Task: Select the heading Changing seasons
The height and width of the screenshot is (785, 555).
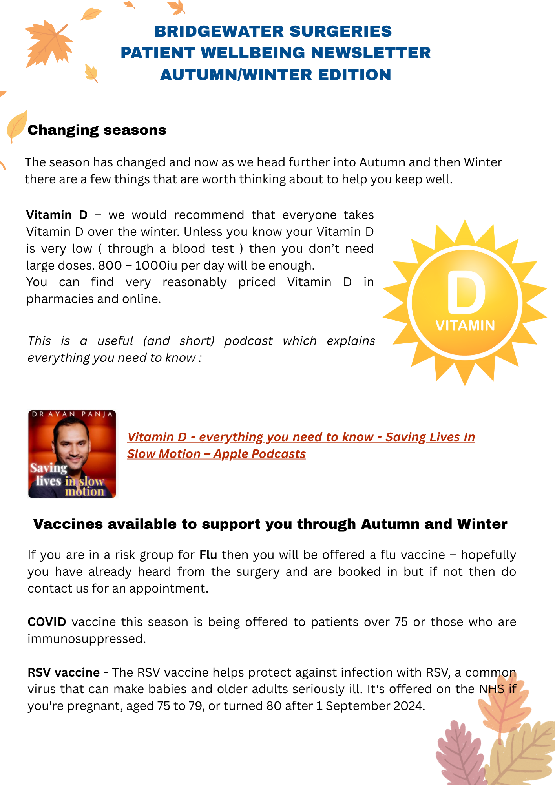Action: (97, 130)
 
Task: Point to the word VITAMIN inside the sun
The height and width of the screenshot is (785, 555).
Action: (465, 326)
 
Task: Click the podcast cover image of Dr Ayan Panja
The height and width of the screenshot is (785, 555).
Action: (72, 454)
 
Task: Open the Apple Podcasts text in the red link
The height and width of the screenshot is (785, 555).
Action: (259, 454)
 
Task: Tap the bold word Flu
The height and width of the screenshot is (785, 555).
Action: (208, 555)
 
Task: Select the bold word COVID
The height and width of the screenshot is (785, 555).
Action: (47, 622)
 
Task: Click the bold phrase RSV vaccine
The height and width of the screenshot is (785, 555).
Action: (64, 673)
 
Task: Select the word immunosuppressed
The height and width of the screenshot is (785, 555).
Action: (86, 639)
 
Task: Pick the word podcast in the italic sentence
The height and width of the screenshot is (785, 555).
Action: (248, 341)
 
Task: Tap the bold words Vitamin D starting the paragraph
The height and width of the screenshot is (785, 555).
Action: (57, 215)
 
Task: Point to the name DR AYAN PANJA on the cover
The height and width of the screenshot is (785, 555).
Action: (72, 414)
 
